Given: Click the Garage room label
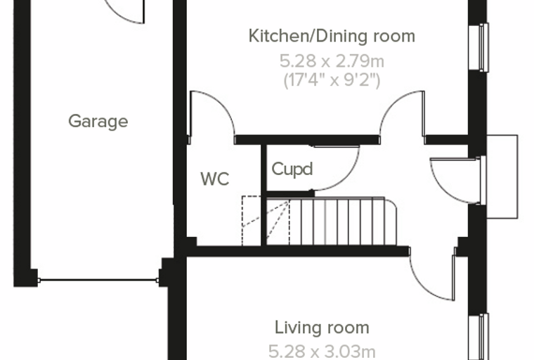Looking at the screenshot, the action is click(98, 122).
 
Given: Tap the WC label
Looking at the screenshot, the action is click(215, 179).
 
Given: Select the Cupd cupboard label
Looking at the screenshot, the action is click(292, 169).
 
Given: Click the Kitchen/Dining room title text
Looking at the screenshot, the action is click(332, 36).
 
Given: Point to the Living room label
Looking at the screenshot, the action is click(322, 328).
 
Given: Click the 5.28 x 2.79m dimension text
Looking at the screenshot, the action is click(332, 62).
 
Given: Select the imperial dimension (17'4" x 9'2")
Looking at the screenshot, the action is click(332, 80).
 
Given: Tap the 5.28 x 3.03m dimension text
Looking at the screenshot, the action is click(322, 352).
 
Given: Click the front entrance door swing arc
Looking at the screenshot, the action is click(441, 191).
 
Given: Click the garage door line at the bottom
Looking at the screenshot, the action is click(98, 281).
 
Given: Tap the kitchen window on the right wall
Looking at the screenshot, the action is click(478, 47).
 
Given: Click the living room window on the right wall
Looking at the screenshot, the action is click(478, 337).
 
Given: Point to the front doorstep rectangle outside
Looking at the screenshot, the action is click(502, 176).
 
